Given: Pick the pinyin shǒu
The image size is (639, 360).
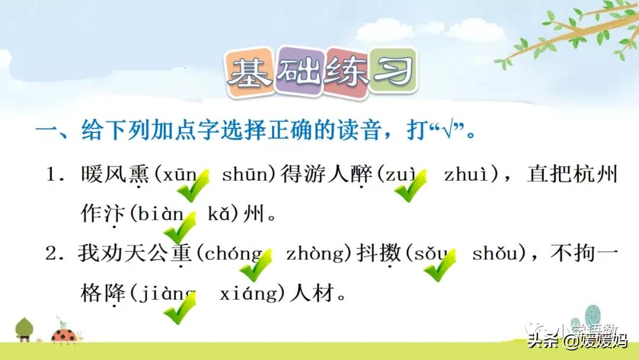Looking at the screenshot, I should pos(498,254).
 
